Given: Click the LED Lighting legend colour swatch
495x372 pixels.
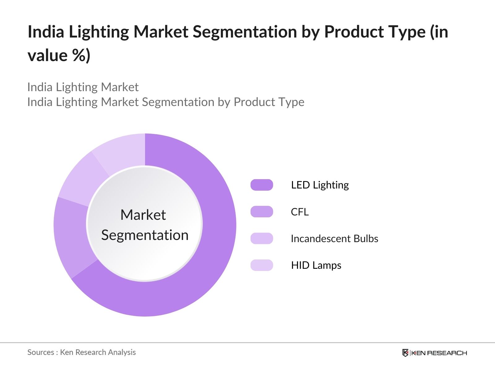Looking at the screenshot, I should coord(262,185).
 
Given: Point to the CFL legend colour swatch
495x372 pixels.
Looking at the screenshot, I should coord(262,212).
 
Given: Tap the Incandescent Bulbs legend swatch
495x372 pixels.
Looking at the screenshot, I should coord(262,238).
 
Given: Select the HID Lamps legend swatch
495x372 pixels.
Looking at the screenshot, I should coord(262,265).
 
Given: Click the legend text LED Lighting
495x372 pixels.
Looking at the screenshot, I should coord(320,185).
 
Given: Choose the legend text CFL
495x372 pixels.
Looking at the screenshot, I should coord(299,212).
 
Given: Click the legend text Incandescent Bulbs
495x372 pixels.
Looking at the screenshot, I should coord(334,239).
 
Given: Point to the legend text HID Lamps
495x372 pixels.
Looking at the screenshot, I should coord(316,265).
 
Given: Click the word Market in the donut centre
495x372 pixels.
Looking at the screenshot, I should coord(143,215).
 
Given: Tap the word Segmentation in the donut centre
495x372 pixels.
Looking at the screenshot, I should coord(145,235).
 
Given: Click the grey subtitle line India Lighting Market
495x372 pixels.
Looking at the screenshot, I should coord(83,87).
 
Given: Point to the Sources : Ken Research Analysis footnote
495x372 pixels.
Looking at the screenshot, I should coord(82,352).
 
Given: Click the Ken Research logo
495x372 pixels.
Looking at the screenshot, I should coord(434,353).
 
